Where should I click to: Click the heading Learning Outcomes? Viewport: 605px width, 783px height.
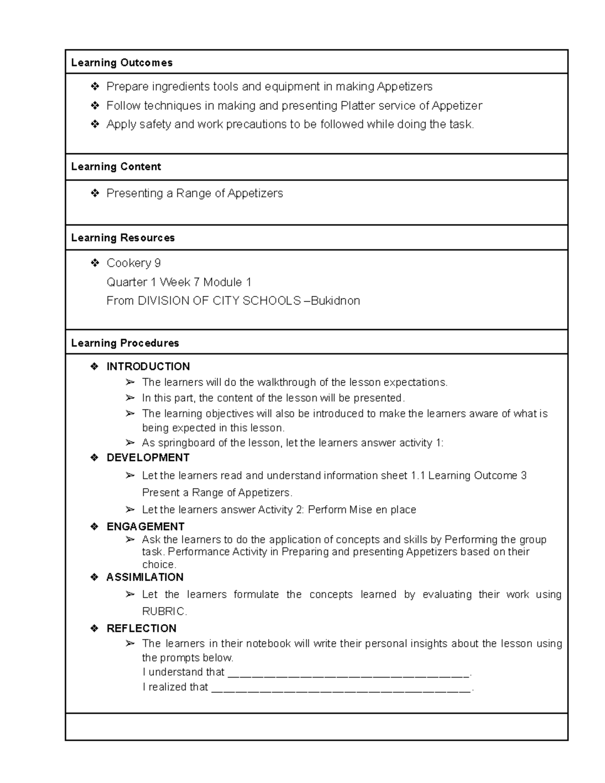122,63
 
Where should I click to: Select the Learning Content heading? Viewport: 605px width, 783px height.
116,166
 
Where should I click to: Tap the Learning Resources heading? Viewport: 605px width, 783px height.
123,237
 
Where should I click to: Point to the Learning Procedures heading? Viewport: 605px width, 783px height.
125,343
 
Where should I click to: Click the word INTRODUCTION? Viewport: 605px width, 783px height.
148,367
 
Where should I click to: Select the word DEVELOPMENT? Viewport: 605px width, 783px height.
148,457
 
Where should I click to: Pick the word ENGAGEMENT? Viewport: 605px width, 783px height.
145,526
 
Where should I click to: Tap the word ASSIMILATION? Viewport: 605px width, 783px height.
145,577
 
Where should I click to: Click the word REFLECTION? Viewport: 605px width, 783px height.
141,628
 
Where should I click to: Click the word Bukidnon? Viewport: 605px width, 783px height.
335,301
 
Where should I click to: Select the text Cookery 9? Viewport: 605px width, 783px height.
134,263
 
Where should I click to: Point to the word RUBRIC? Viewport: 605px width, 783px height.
163,612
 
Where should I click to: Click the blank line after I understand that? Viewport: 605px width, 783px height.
348,673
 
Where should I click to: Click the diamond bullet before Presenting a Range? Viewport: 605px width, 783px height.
94,193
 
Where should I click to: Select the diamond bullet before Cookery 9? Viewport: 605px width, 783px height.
94,263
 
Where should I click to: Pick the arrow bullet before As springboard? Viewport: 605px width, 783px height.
131,443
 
